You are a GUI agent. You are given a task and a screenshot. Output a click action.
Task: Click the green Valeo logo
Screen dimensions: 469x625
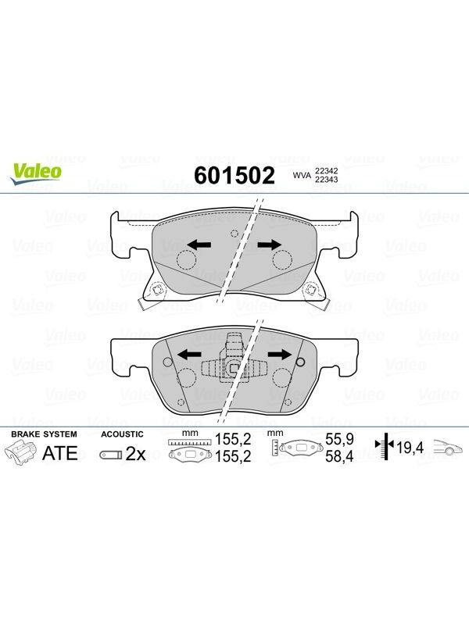[x=36, y=174]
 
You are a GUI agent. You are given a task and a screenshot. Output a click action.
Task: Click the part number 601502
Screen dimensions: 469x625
[x=234, y=175]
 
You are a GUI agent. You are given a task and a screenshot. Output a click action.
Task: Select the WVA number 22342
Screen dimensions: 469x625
[x=326, y=170]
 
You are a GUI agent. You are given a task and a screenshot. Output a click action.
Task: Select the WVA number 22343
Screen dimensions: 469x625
[x=326, y=180]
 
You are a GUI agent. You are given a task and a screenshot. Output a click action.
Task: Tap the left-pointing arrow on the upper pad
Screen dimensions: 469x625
[x=199, y=245]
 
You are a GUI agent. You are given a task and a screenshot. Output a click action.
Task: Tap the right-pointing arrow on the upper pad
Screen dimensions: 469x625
[x=269, y=245]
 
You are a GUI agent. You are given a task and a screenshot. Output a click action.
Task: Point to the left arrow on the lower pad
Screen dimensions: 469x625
[x=188, y=354]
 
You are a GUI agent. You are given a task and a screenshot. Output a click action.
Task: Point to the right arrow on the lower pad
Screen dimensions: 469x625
[x=280, y=354]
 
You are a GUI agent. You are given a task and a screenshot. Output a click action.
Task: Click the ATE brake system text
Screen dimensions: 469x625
[x=60, y=453]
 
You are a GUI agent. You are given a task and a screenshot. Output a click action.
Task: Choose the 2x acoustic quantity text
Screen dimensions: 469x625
[x=135, y=454]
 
